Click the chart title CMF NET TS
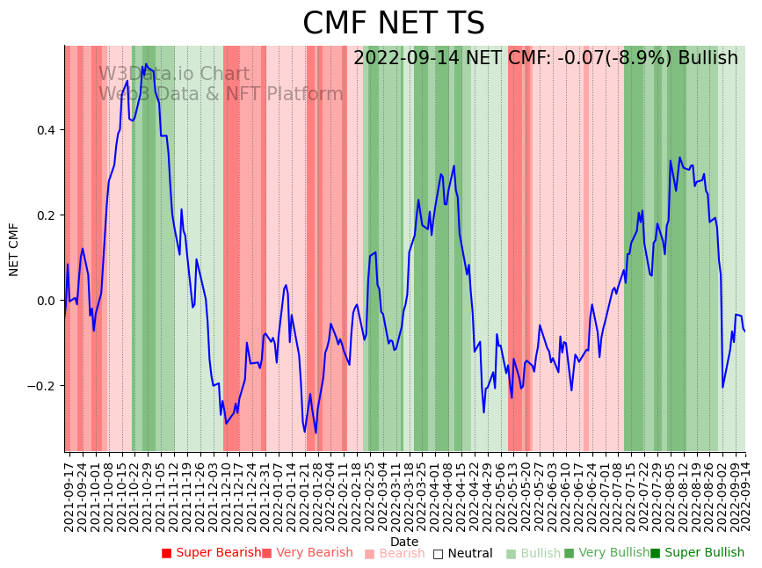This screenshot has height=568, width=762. point(393,24)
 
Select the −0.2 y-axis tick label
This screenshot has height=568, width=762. point(43,386)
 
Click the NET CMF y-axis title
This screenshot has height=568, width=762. point(14,250)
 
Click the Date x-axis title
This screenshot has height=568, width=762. point(404,542)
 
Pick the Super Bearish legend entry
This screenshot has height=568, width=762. point(218,553)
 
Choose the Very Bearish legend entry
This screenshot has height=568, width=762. point(314,553)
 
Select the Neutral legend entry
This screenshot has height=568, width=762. point(469,554)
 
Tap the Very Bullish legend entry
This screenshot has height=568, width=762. point(613,553)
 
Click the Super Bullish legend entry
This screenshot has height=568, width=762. point(702,553)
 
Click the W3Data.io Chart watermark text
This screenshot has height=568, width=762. point(173,74)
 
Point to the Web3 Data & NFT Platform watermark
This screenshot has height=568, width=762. point(221,94)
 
